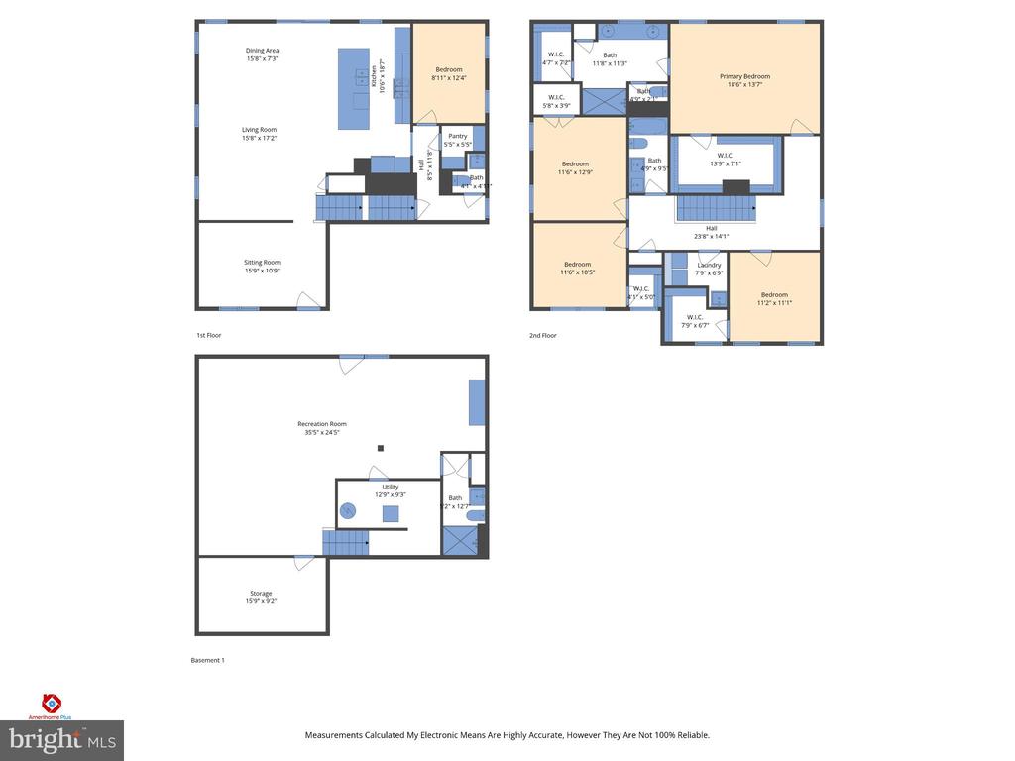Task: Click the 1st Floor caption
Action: pyautogui.click(x=208, y=335)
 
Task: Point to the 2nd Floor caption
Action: pyautogui.click(x=542, y=335)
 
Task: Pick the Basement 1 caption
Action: pyautogui.click(x=207, y=660)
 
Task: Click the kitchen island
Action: pyautogui.click(x=353, y=89)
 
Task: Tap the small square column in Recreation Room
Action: pyautogui.click(x=380, y=449)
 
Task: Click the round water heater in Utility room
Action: pyautogui.click(x=349, y=511)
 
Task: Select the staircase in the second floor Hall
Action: pyautogui.click(x=716, y=209)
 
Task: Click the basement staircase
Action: pyautogui.click(x=345, y=542)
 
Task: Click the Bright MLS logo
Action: pyautogui.click(x=62, y=739)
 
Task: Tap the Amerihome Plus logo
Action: pyautogui.click(x=52, y=706)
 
